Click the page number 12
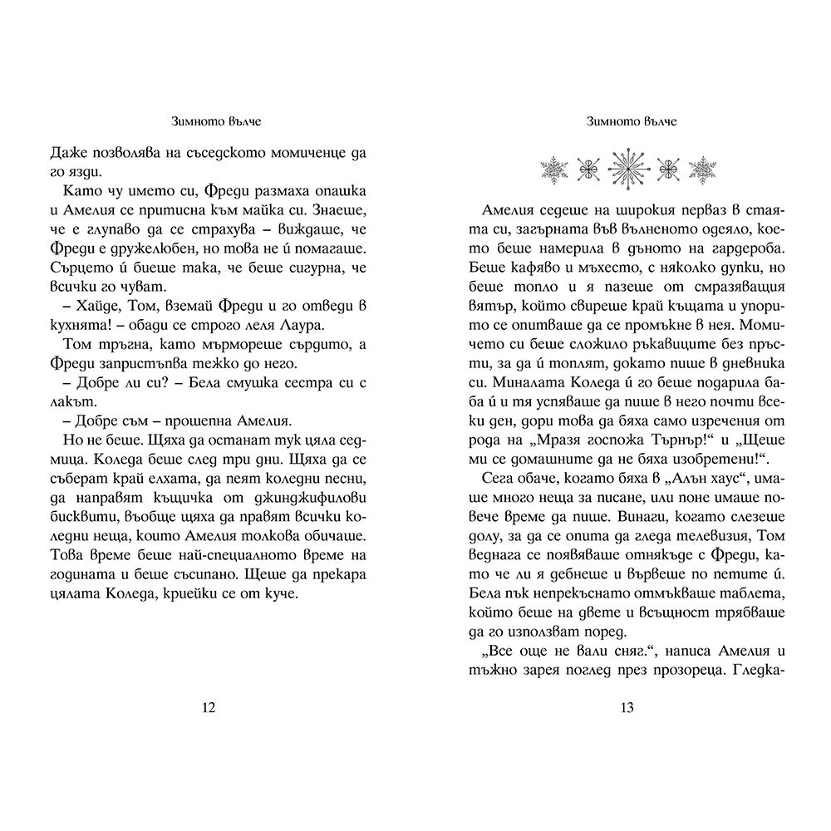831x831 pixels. (x=209, y=707)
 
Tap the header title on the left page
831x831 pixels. (x=209, y=122)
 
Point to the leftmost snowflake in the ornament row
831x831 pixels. (x=553, y=170)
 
